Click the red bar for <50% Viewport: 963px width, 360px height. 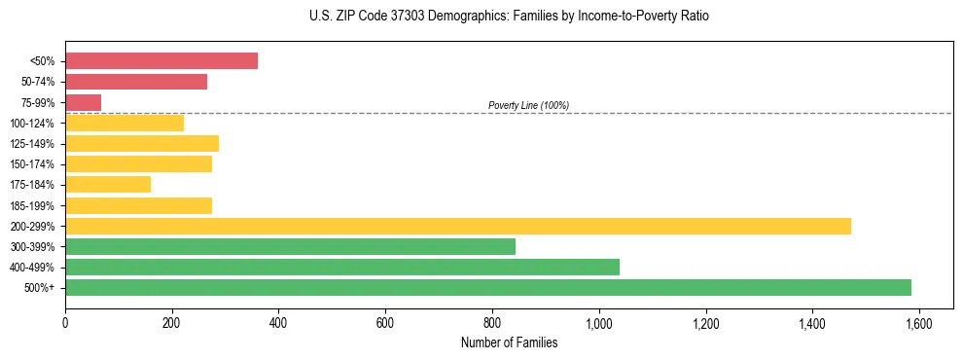pos(161,61)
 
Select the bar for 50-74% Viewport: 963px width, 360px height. pos(136,82)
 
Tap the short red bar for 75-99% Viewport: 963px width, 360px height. pos(84,102)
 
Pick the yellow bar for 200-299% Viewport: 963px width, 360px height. pos(458,226)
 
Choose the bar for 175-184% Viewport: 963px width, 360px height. pos(108,185)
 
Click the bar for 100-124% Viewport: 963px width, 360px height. pos(125,123)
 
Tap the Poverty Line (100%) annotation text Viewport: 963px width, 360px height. pos(528,105)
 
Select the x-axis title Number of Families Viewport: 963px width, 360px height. pos(509,342)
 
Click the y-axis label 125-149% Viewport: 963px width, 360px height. pos(32,144)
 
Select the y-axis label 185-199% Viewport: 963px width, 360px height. pos(32,205)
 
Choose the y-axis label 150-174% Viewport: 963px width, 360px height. pos(32,164)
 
